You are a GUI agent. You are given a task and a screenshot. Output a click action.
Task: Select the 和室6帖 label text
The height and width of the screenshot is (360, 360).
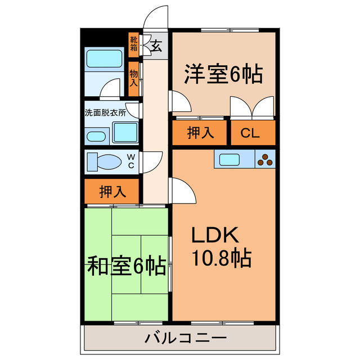pos(126,265)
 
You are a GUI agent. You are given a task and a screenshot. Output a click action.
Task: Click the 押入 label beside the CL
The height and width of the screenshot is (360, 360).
pos(201,133)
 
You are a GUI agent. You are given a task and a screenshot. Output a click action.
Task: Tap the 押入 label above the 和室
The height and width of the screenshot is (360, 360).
pos(112,192)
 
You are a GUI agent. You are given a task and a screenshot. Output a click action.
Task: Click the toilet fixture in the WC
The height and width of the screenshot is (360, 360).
pos(105,161)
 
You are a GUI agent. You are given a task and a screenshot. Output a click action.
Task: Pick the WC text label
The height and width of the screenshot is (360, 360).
pos(130,161)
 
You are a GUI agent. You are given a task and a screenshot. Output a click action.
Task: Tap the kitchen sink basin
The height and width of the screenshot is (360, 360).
pos(231,159)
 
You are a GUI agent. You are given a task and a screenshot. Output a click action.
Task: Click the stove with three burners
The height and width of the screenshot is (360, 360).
pos(265,160)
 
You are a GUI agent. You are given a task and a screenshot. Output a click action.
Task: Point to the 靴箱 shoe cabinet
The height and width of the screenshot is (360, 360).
pos(134,44)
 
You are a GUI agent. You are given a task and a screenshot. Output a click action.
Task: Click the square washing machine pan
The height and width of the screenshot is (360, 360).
pos(125,133)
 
